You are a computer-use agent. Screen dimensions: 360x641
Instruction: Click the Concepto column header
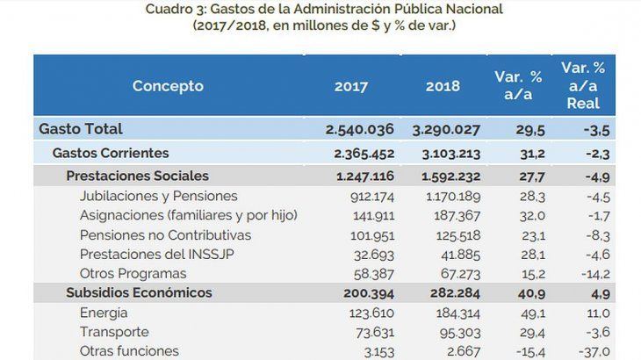(x=168, y=86)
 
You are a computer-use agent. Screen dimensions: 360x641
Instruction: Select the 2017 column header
(x=351, y=86)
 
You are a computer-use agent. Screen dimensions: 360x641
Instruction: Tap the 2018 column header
(x=443, y=86)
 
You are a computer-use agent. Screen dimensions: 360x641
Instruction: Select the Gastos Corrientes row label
(x=110, y=153)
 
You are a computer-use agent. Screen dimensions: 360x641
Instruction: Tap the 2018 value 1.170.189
(x=448, y=196)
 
